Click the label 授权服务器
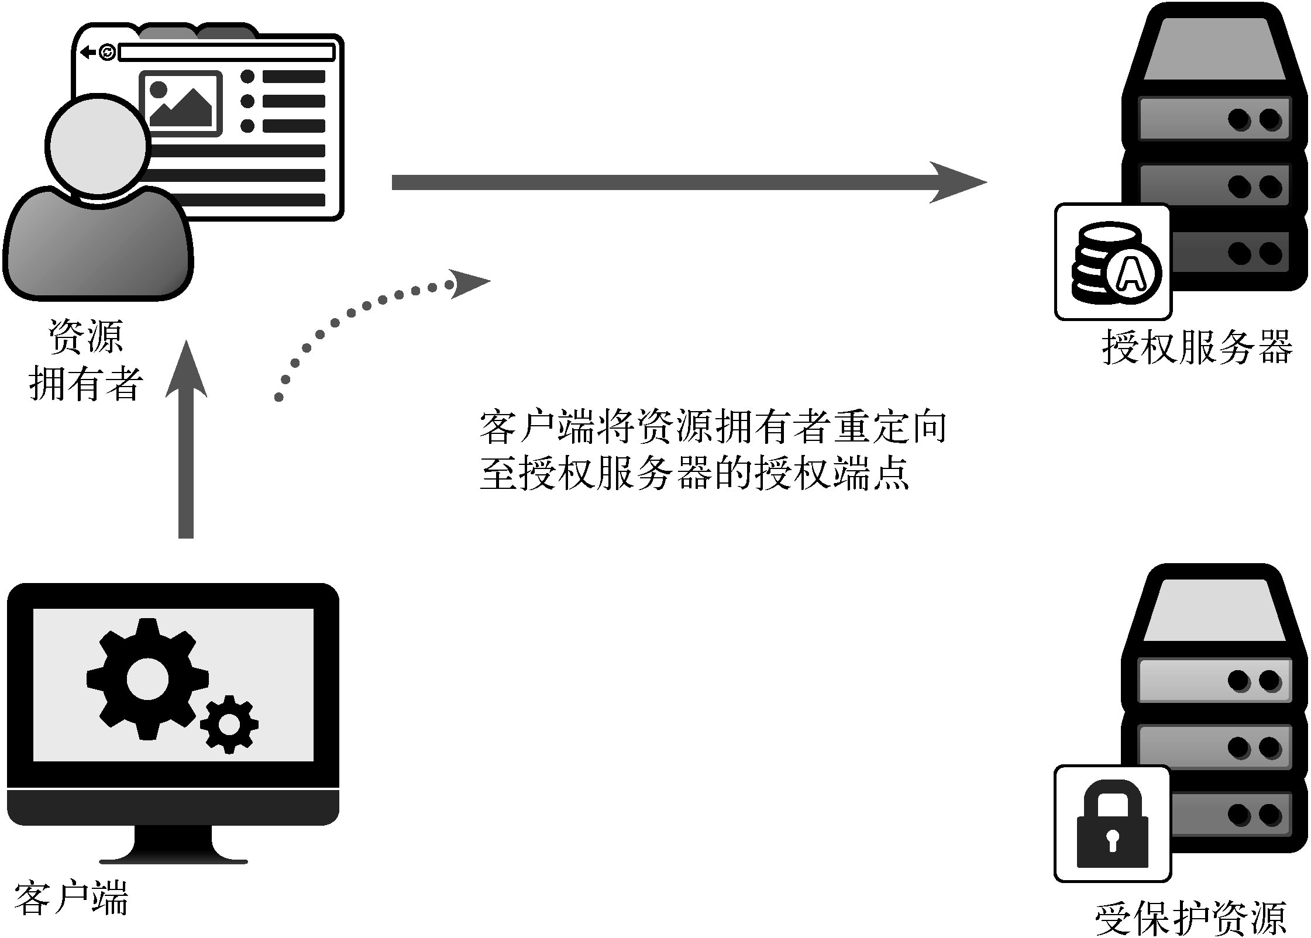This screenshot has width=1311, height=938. [x=1197, y=347]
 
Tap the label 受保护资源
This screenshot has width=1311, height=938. [x=1191, y=918]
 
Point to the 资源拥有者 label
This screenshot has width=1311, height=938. [x=85, y=360]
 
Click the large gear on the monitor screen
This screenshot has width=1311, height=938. [x=147, y=678]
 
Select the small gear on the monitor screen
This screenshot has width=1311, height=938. [x=229, y=725]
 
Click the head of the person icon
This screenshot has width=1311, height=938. [x=97, y=146]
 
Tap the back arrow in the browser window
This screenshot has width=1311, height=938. [x=88, y=53]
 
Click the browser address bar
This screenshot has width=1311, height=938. [x=226, y=53]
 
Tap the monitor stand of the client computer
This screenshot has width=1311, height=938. [x=173, y=845]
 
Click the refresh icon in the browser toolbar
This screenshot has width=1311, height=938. [x=107, y=53]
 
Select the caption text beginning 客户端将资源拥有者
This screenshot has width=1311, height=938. [x=712, y=450]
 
